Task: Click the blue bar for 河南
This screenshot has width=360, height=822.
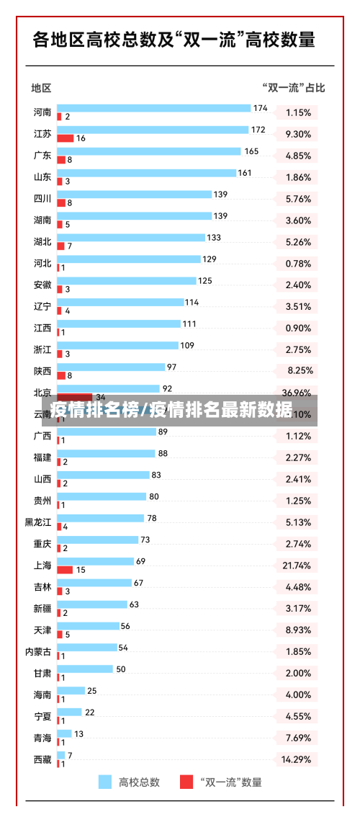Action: click(153, 108)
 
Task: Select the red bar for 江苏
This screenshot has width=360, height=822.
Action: click(66, 138)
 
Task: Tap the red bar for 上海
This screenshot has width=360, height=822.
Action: click(65, 569)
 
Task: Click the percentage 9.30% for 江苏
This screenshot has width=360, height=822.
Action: click(297, 134)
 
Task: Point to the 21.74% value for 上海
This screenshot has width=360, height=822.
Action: click(297, 566)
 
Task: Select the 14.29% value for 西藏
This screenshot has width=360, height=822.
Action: click(297, 759)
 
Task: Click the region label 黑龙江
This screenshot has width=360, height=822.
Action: click(38, 522)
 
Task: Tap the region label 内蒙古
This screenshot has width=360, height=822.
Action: click(38, 652)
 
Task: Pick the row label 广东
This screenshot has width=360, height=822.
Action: click(42, 156)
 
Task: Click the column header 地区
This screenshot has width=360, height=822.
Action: click(41, 88)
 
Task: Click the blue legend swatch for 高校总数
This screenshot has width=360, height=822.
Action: click(105, 782)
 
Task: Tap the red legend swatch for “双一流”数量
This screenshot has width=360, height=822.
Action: click(186, 782)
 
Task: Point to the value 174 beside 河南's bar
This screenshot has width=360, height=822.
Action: click(260, 109)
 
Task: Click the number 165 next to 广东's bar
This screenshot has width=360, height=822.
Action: click(251, 151)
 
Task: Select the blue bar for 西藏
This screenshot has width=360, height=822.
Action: click(60, 755)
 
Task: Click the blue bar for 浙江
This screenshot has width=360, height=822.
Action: click(117, 346)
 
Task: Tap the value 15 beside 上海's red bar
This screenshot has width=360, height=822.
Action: click(81, 570)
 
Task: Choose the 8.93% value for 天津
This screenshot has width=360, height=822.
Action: click(297, 630)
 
